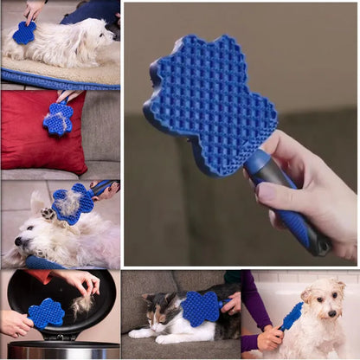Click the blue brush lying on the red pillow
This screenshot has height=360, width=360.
(59, 119)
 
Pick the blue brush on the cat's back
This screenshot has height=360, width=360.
(200, 308)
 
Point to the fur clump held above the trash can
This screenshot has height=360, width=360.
(81, 305)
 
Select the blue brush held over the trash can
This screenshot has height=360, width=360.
(46, 312)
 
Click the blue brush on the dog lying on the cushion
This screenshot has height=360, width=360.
(24, 33)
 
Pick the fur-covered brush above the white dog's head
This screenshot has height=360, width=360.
(73, 204)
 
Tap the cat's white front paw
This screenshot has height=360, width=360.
(136, 333)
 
